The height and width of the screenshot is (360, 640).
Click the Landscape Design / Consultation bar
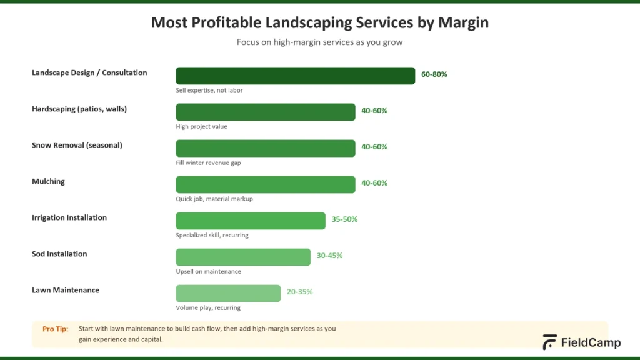click(295, 76)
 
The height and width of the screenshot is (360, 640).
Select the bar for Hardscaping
click(265, 112)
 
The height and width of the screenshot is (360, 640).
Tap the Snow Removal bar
click(265, 148)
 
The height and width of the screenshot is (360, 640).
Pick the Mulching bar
click(265, 184)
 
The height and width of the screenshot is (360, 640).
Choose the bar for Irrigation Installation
click(251, 221)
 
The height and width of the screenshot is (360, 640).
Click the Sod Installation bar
click(243, 257)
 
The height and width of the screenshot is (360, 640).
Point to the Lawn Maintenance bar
click(228, 293)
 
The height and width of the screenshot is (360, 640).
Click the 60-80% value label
click(434, 74)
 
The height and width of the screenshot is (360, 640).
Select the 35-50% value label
click(344, 219)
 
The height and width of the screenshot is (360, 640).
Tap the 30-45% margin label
click(329, 256)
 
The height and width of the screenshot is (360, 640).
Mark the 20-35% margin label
click(299, 292)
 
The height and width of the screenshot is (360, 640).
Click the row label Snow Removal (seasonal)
click(77, 145)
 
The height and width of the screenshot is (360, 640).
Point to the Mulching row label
click(48, 181)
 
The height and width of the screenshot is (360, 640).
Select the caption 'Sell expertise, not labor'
click(209, 91)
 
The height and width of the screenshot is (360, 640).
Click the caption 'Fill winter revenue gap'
click(208, 163)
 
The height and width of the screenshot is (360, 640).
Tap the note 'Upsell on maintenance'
click(208, 272)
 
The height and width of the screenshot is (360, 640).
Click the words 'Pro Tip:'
click(56, 329)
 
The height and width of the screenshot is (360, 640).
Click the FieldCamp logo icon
click(549, 342)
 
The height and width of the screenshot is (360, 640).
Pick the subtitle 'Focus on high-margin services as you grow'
click(319, 42)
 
